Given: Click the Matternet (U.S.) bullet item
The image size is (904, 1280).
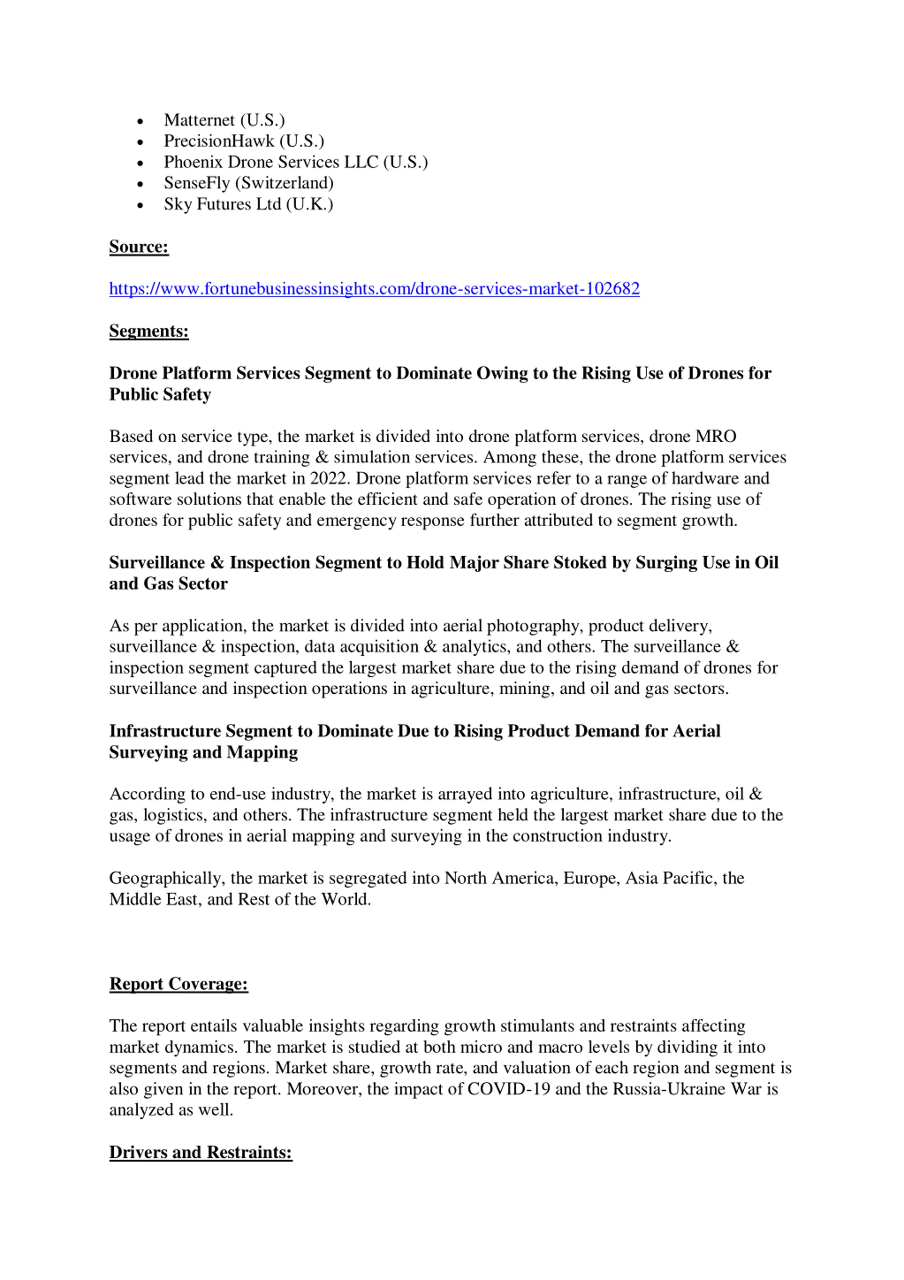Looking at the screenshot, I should click(224, 120).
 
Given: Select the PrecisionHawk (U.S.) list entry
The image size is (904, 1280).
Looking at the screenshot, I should click(244, 141).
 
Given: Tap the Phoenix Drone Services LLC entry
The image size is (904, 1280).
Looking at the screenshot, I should click(295, 162).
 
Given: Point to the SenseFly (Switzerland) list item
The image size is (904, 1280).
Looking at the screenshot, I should click(249, 183).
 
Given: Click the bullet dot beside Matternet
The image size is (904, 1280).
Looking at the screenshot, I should click(140, 122).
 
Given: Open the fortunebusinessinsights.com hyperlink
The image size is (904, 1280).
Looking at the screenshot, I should click(374, 289).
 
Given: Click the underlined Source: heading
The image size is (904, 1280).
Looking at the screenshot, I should click(139, 247).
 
